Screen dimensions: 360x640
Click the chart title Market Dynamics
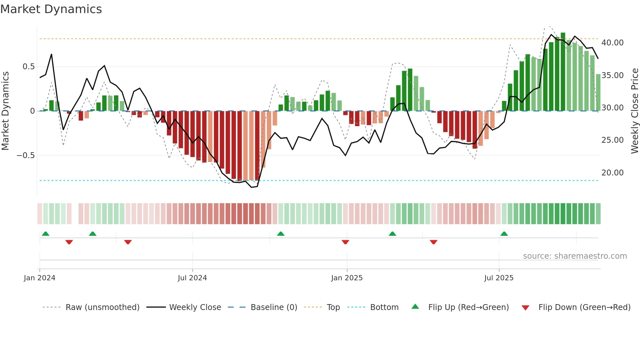(x=51, y=9)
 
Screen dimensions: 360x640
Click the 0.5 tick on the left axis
(x=28, y=67)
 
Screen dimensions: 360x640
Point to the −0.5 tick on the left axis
(x=26, y=155)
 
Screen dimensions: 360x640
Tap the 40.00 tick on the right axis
(x=612, y=43)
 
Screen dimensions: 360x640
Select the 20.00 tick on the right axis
(x=612, y=173)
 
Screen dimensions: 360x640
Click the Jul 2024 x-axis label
(x=192, y=278)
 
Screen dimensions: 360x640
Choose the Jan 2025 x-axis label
(x=347, y=278)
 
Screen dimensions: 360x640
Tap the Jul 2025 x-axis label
(x=499, y=278)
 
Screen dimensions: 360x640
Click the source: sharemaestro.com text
(x=575, y=256)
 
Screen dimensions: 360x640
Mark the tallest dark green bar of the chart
(x=563, y=72)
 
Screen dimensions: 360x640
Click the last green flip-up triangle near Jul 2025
(x=504, y=234)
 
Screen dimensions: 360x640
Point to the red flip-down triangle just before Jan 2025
(x=345, y=242)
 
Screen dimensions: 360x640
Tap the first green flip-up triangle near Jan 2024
(x=46, y=234)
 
